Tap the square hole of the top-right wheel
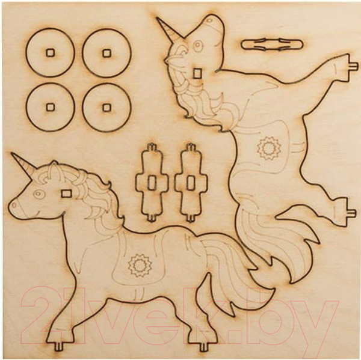click(106, 53)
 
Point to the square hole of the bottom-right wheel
click(106, 108)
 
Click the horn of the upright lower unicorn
click(23, 165)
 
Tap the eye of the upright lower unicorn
click(38, 193)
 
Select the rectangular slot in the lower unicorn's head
click(66, 194)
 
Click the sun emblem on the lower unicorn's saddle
click(140, 266)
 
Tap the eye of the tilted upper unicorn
click(197, 46)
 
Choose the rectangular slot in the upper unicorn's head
click(196, 73)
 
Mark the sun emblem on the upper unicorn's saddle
click(269, 148)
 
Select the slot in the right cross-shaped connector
click(190, 183)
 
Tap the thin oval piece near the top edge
click(272, 44)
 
